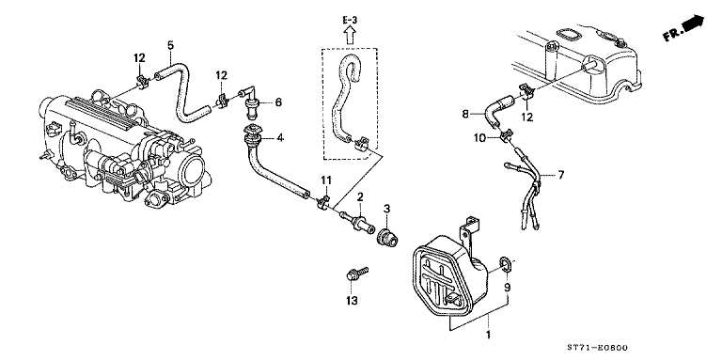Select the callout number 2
coord(359,196)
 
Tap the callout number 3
coord(385,206)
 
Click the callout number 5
coord(170,44)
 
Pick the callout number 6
coord(278,102)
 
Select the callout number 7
coord(561,175)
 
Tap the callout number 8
coord(464,116)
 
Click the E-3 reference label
coord(350,18)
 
